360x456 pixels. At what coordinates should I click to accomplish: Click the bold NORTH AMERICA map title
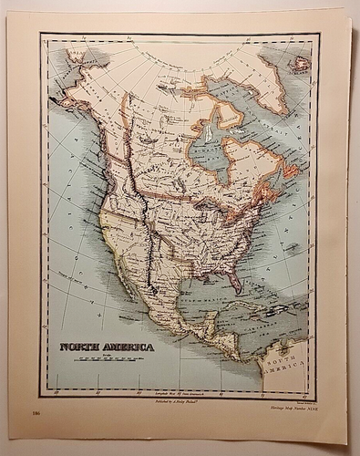108,347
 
